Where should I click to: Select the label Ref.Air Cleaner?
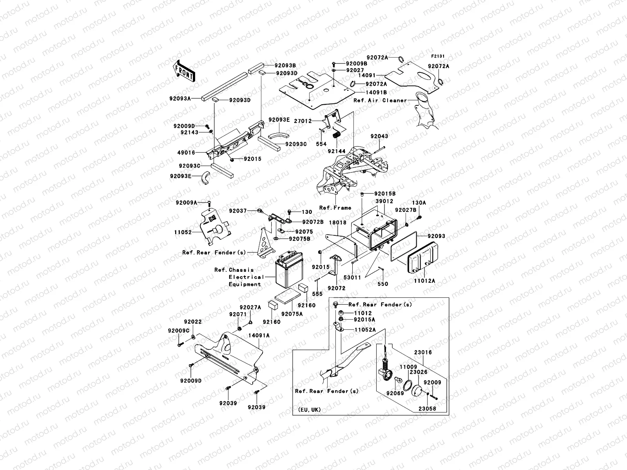click(380, 101)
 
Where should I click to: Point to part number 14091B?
click(376, 92)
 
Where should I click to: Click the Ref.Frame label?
click(335, 208)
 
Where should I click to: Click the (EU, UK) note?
click(309, 410)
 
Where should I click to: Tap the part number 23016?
click(423, 352)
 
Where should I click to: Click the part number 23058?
click(427, 409)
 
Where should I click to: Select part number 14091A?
click(259, 335)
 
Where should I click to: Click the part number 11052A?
click(365, 330)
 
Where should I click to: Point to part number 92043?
click(379, 136)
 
